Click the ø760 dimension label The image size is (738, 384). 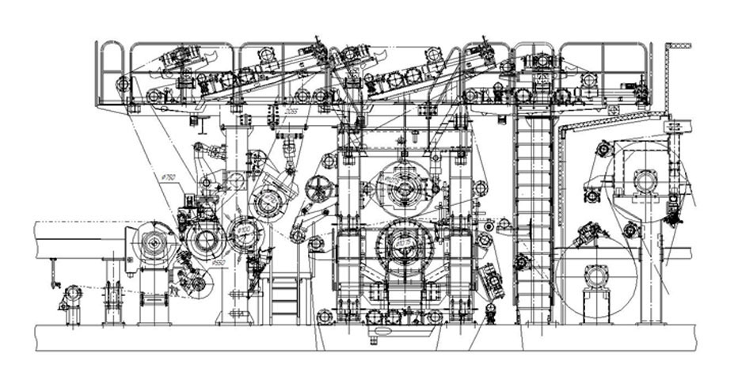[x=168, y=179]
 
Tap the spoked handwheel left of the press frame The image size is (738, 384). [x=315, y=189]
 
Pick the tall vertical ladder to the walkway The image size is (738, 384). [x=529, y=222]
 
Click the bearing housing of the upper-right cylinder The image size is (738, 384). [x=645, y=181]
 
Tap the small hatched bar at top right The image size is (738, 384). [x=678, y=47]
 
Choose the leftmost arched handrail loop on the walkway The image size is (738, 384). [x=112, y=71]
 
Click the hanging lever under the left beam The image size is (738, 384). [x=52, y=273]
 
